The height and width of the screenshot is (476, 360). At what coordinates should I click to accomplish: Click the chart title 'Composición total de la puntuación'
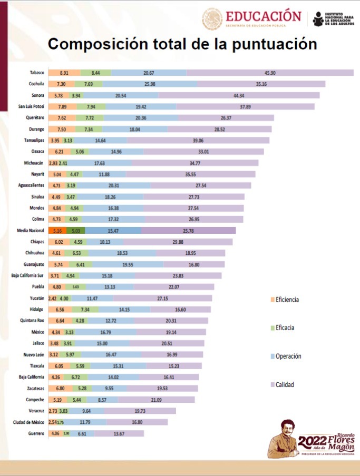point(182,44)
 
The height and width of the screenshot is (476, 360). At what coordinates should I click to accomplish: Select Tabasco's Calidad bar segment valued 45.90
point(270,73)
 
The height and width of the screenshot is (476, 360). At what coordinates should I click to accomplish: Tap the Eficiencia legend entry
point(284,300)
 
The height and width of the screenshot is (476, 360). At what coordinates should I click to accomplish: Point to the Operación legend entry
point(287,356)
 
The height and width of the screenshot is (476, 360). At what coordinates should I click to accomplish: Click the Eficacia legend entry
point(284,328)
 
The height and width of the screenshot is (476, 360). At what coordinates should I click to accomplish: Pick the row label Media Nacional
point(30,231)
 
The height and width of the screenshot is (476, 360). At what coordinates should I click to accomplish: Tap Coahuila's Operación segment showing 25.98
point(150,84)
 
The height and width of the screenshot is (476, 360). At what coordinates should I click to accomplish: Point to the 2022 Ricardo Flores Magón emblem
point(311,440)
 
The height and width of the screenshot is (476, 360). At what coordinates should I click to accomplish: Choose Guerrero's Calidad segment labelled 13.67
point(119,433)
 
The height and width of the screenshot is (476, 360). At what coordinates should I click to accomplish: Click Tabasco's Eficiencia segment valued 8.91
point(64,73)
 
